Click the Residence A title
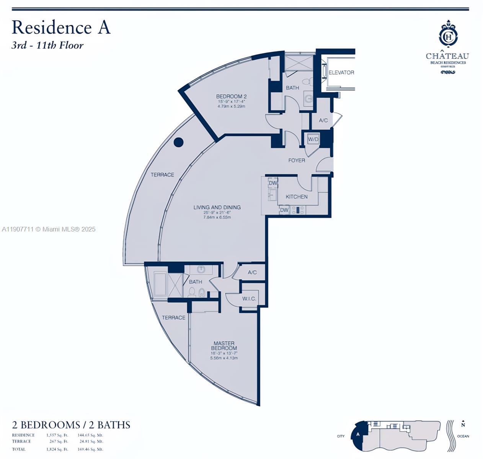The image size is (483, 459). pos(61,28)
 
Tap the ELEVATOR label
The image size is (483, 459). pos(341,72)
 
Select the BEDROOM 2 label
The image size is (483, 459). pos(231,96)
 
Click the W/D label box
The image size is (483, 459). pos(313,139)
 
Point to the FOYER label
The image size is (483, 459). pos(297,160)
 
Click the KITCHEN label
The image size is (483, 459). pos(297,197)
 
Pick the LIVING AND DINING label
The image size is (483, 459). pos(217,207)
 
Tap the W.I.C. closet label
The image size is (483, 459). pos(249,298)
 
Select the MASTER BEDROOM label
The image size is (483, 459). pos(224,346)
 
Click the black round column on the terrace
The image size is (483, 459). pos(178,142)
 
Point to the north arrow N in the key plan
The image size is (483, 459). pos(463,424)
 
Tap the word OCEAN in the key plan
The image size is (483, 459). pos(463,436)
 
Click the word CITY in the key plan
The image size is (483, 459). pos(341,436)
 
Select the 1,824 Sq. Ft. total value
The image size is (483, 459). pos(57,449)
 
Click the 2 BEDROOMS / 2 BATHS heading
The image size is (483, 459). pos(71,425)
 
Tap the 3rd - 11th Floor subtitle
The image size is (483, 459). pos(47,45)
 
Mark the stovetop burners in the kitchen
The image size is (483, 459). pos(297,210)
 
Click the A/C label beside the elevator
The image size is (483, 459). pos(323,120)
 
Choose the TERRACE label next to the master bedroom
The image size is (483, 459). pos(173,317)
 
